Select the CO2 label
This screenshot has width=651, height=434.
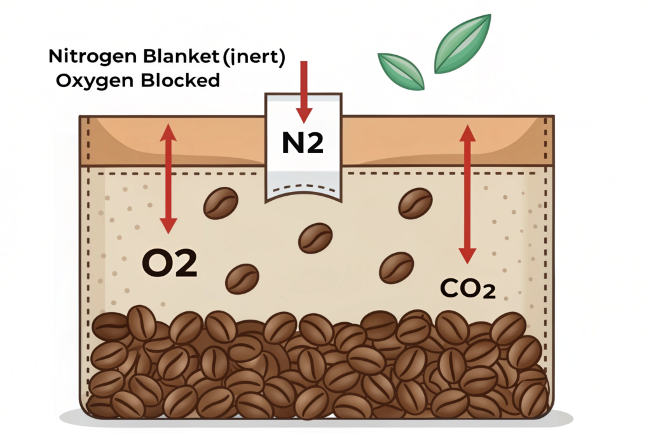pyautogui.click(x=467, y=289)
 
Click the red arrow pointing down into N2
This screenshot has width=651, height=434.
pyautogui.click(x=304, y=89)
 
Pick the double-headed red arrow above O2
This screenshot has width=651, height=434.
pyautogui.click(x=168, y=178)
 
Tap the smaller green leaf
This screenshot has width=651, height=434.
pyautogui.click(x=401, y=71)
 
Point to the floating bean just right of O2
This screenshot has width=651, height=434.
pyautogui.click(x=242, y=278)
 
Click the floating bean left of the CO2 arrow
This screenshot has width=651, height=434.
pyautogui.click(x=396, y=268)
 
